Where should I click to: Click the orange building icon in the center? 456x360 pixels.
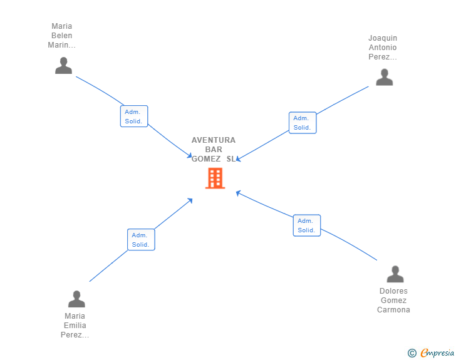[x=215, y=178]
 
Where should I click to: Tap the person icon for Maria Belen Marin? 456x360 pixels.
[x=63, y=66]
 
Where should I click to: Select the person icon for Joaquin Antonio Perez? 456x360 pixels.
[x=384, y=77]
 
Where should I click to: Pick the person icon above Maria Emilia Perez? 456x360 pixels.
[x=76, y=299]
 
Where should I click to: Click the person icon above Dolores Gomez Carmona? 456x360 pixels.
[x=395, y=274]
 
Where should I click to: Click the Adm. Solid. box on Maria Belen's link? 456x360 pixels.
[x=134, y=116]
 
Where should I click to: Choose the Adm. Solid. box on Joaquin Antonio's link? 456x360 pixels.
[x=303, y=123]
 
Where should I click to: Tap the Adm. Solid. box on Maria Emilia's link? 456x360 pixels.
[x=141, y=240]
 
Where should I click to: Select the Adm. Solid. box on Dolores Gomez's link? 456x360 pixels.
[x=306, y=225]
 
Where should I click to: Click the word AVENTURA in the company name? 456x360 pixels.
[x=214, y=140]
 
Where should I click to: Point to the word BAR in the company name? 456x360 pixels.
[x=214, y=150]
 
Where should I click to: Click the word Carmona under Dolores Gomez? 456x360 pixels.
[x=393, y=310]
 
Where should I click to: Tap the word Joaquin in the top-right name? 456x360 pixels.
[x=383, y=38]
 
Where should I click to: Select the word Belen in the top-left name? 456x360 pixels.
[x=62, y=36]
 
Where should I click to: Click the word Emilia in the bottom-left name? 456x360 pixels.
[x=75, y=326]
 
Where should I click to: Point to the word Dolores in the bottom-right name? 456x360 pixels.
[x=393, y=291]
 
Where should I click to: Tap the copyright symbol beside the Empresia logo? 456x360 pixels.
[x=412, y=353]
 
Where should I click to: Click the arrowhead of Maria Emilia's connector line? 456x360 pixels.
[x=190, y=200]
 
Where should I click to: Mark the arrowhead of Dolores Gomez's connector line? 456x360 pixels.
[x=238, y=192]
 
